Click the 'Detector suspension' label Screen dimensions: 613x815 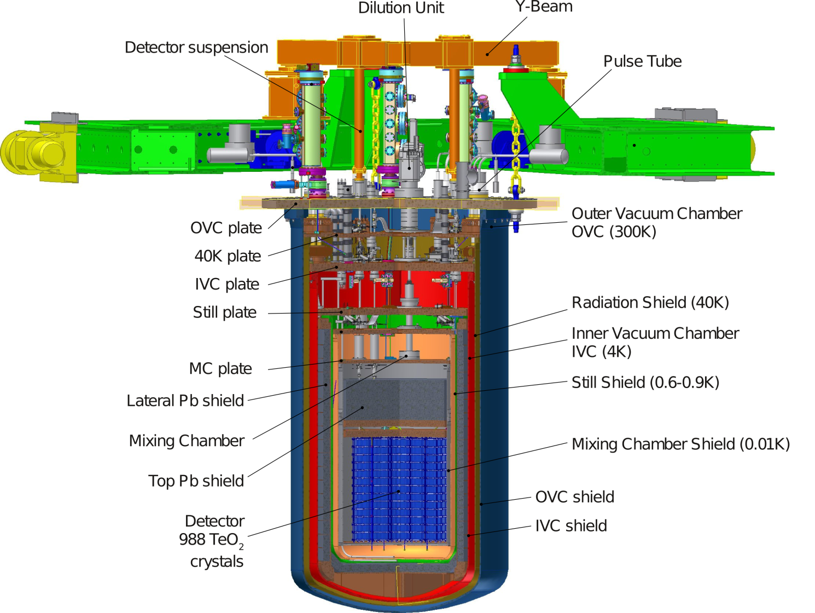196,48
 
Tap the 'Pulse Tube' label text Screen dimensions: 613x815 642,61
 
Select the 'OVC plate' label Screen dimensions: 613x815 226,228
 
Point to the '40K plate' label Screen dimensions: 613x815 228,256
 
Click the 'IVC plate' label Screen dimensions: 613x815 227,284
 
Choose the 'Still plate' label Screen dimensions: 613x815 224,313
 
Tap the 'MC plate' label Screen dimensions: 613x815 220,369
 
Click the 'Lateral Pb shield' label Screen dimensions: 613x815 185,401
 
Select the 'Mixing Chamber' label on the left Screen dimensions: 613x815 187,441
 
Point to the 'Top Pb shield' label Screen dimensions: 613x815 196,481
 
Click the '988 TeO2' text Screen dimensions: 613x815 211,540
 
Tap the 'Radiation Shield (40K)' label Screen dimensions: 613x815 650,303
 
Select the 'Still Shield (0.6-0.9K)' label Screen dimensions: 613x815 645,383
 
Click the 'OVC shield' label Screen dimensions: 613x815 574,497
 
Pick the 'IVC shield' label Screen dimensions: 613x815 570,526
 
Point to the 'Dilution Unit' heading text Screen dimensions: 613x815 401,8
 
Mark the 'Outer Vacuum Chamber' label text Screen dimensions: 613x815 656,213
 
